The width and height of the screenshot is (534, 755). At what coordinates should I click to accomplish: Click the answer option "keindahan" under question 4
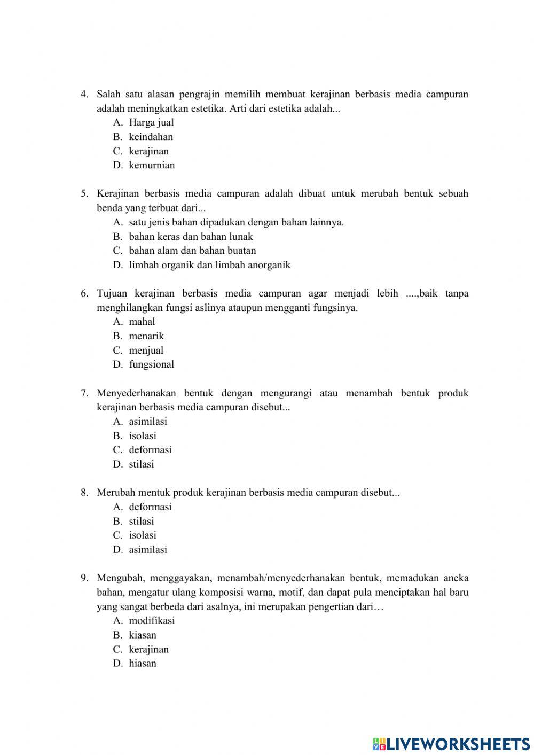click(151, 137)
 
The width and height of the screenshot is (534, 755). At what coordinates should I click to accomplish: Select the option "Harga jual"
click(151, 122)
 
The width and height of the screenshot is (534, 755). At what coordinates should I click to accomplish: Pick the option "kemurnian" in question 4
click(152, 165)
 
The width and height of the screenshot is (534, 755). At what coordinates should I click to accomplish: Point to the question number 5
click(84, 193)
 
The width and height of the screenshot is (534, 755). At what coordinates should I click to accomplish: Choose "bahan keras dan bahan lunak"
click(191, 236)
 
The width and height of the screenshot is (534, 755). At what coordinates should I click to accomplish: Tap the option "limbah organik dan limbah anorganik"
click(209, 265)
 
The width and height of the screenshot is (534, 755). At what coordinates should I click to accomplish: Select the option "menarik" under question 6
click(146, 336)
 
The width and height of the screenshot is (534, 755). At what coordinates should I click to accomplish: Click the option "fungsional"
click(151, 364)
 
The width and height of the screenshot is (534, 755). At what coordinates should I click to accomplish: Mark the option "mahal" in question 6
click(142, 322)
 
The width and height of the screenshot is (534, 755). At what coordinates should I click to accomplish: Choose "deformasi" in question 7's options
click(150, 450)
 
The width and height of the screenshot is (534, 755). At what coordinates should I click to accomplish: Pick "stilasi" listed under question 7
click(141, 464)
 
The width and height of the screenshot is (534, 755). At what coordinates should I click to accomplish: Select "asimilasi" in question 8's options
click(148, 549)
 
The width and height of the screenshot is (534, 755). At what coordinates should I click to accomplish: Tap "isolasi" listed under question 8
click(143, 535)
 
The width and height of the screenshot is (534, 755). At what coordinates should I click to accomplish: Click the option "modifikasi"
click(152, 621)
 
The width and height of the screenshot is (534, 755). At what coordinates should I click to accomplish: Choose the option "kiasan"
click(143, 635)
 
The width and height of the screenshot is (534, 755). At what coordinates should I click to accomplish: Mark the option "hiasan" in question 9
click(143, 664)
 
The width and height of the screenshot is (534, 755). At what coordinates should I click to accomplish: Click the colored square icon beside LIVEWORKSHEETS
click(379, 743)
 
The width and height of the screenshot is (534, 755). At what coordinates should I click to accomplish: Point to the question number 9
click(84, 578)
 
